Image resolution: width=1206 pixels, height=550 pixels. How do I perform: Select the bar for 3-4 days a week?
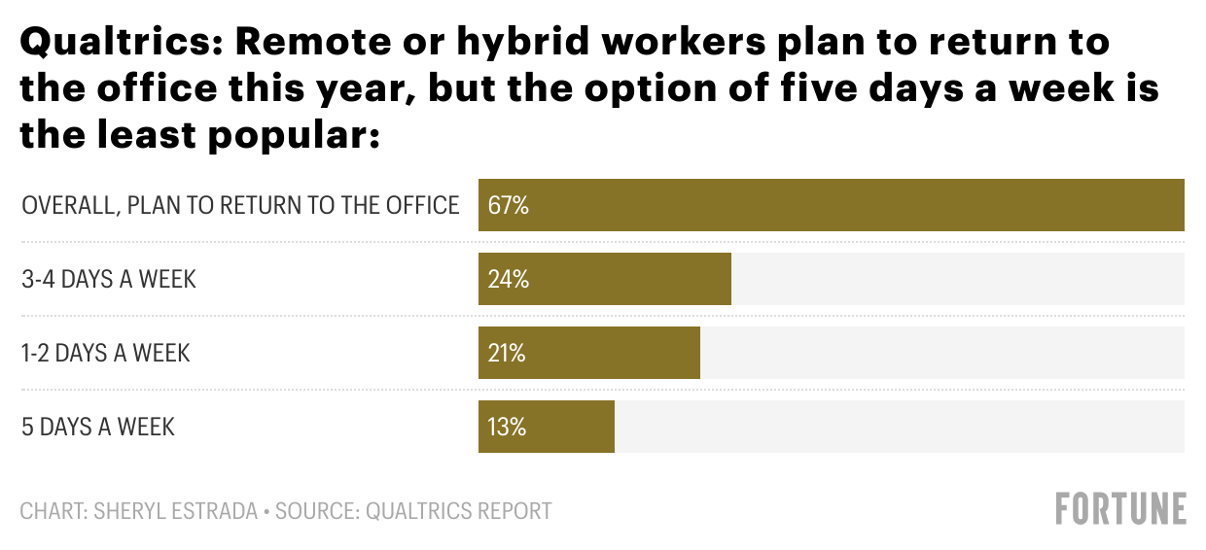pyautogui.click(x=632, y=279)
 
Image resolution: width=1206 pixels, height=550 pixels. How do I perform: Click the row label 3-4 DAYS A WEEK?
pyautogui.click(x=109, y=279)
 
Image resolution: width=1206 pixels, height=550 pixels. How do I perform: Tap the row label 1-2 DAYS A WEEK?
pyautogui.click(x=106, y=353)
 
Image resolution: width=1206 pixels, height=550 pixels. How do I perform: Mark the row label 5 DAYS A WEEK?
pyautogui.click(x=98, y=427)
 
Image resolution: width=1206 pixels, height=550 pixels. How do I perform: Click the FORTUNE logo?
pyautogui.click(x=1120, y=509)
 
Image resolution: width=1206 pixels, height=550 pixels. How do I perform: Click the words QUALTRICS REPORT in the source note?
pyautogui.click(x=458, y=510)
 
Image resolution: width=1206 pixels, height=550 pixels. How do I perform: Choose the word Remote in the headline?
pyautogui.click(x=304, y=44)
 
